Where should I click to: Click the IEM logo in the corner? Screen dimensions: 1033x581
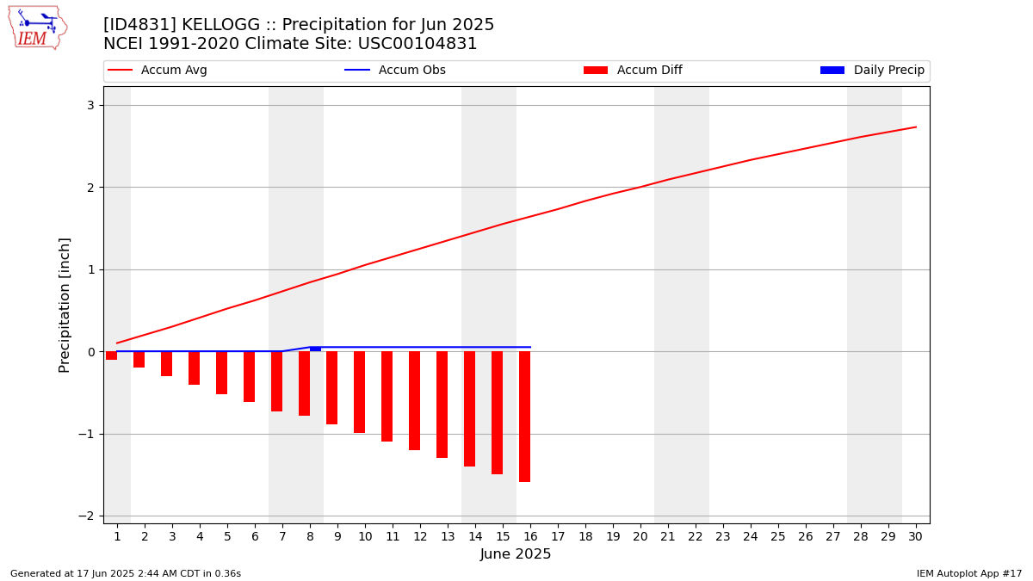pos(38,28)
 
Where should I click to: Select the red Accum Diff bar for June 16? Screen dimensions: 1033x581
pos(525,417)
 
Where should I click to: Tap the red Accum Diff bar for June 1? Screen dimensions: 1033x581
pos(112,355)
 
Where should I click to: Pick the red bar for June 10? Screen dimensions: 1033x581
pos(360,392)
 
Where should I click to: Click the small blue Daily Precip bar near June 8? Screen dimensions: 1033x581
pos(315,349)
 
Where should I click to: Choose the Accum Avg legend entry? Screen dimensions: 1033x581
pos(158,70)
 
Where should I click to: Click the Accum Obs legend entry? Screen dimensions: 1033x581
pos(395,70)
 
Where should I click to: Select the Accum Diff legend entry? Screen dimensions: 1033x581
pos(633,70)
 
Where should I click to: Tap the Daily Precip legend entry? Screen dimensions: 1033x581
pos(873,70)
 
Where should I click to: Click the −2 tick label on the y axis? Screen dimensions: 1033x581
pos(86,516)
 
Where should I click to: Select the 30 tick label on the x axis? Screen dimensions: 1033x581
pos(915,537)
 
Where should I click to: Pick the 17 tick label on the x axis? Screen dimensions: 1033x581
pos(558,537)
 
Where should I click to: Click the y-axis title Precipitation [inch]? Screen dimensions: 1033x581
pos(64,306)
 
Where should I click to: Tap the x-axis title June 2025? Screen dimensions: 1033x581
pos(515,553)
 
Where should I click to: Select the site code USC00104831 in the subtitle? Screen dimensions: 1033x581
pos(418,44)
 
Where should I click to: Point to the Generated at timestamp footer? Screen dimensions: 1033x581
pos(126,573)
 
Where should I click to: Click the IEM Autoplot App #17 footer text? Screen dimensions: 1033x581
pos(969,573)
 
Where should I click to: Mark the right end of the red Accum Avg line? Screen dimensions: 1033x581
pos(916,127)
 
